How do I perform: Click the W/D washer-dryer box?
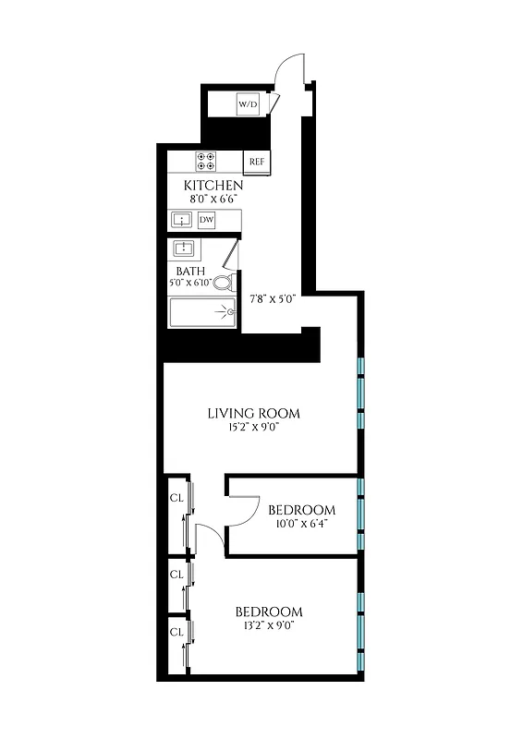pos(248,105)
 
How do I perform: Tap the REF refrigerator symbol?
pos(257,163)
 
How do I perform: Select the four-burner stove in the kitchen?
pos(206,162)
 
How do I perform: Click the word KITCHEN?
pos(213,185)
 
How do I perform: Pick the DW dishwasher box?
pos(207,220)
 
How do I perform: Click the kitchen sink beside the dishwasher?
pos(181,220)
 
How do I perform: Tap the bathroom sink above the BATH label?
pos(185,248)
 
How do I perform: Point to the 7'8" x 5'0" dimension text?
pos(273,298)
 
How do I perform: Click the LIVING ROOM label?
pos(253,413)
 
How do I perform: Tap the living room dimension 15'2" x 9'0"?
pos(253,427)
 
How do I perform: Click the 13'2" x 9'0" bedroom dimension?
pos(268,625)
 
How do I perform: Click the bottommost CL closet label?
pos(176,632)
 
